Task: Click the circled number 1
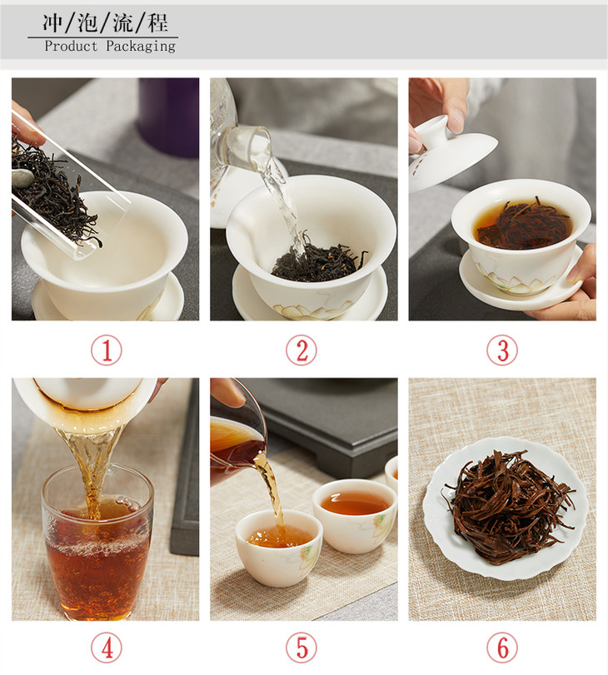click(x=107, y=350)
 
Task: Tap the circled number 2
click(x=302, y=350)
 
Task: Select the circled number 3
click(x=502, y=350)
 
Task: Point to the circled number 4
click(x=107, y=648)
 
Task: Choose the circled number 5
click(x=302, y=648)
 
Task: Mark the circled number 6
click(x=502, y=648)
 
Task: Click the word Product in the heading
click(x=71, y=46)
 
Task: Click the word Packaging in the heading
click(x=141, y=46)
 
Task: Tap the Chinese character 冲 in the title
click(x=53, y=22)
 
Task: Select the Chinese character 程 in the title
click(x=157, y=22)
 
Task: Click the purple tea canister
click(x=168, y=117)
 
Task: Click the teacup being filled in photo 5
click(x=279, y=548)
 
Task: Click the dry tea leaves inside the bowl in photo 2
click(x=319, y=261)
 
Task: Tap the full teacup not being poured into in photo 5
click(x=355, y=515)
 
